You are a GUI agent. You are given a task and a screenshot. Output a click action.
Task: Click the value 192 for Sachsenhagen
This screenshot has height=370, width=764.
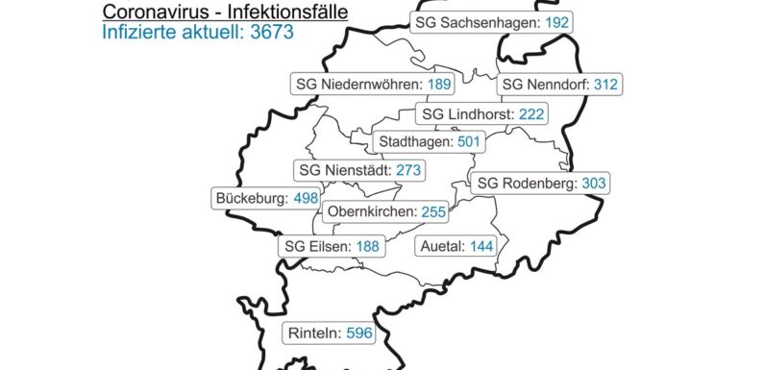556,22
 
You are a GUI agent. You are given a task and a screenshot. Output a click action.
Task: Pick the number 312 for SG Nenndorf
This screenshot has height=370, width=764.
605,85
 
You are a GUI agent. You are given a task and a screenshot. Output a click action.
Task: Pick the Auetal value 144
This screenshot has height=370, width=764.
481,246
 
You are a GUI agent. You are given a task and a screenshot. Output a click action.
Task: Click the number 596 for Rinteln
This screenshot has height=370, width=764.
357,334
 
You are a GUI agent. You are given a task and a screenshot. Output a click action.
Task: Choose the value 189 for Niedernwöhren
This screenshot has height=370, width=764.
439,85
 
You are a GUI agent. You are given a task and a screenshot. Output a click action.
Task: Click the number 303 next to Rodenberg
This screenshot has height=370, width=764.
594,183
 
